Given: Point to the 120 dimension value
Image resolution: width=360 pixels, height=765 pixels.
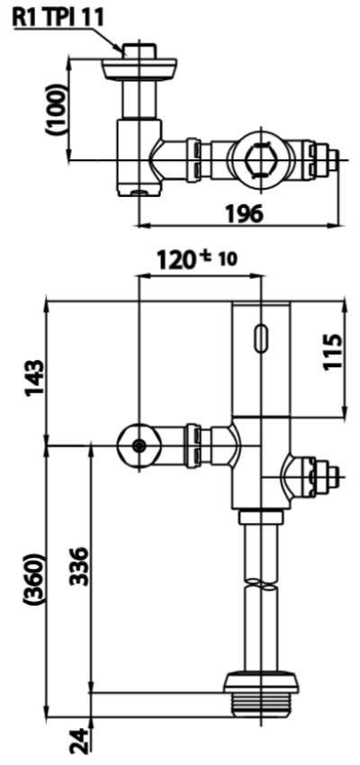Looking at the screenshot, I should click(175, 260).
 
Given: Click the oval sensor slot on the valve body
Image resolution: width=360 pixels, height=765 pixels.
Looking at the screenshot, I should click(261, 338).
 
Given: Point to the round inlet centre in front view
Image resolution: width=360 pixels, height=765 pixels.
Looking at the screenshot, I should click(138, 446).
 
